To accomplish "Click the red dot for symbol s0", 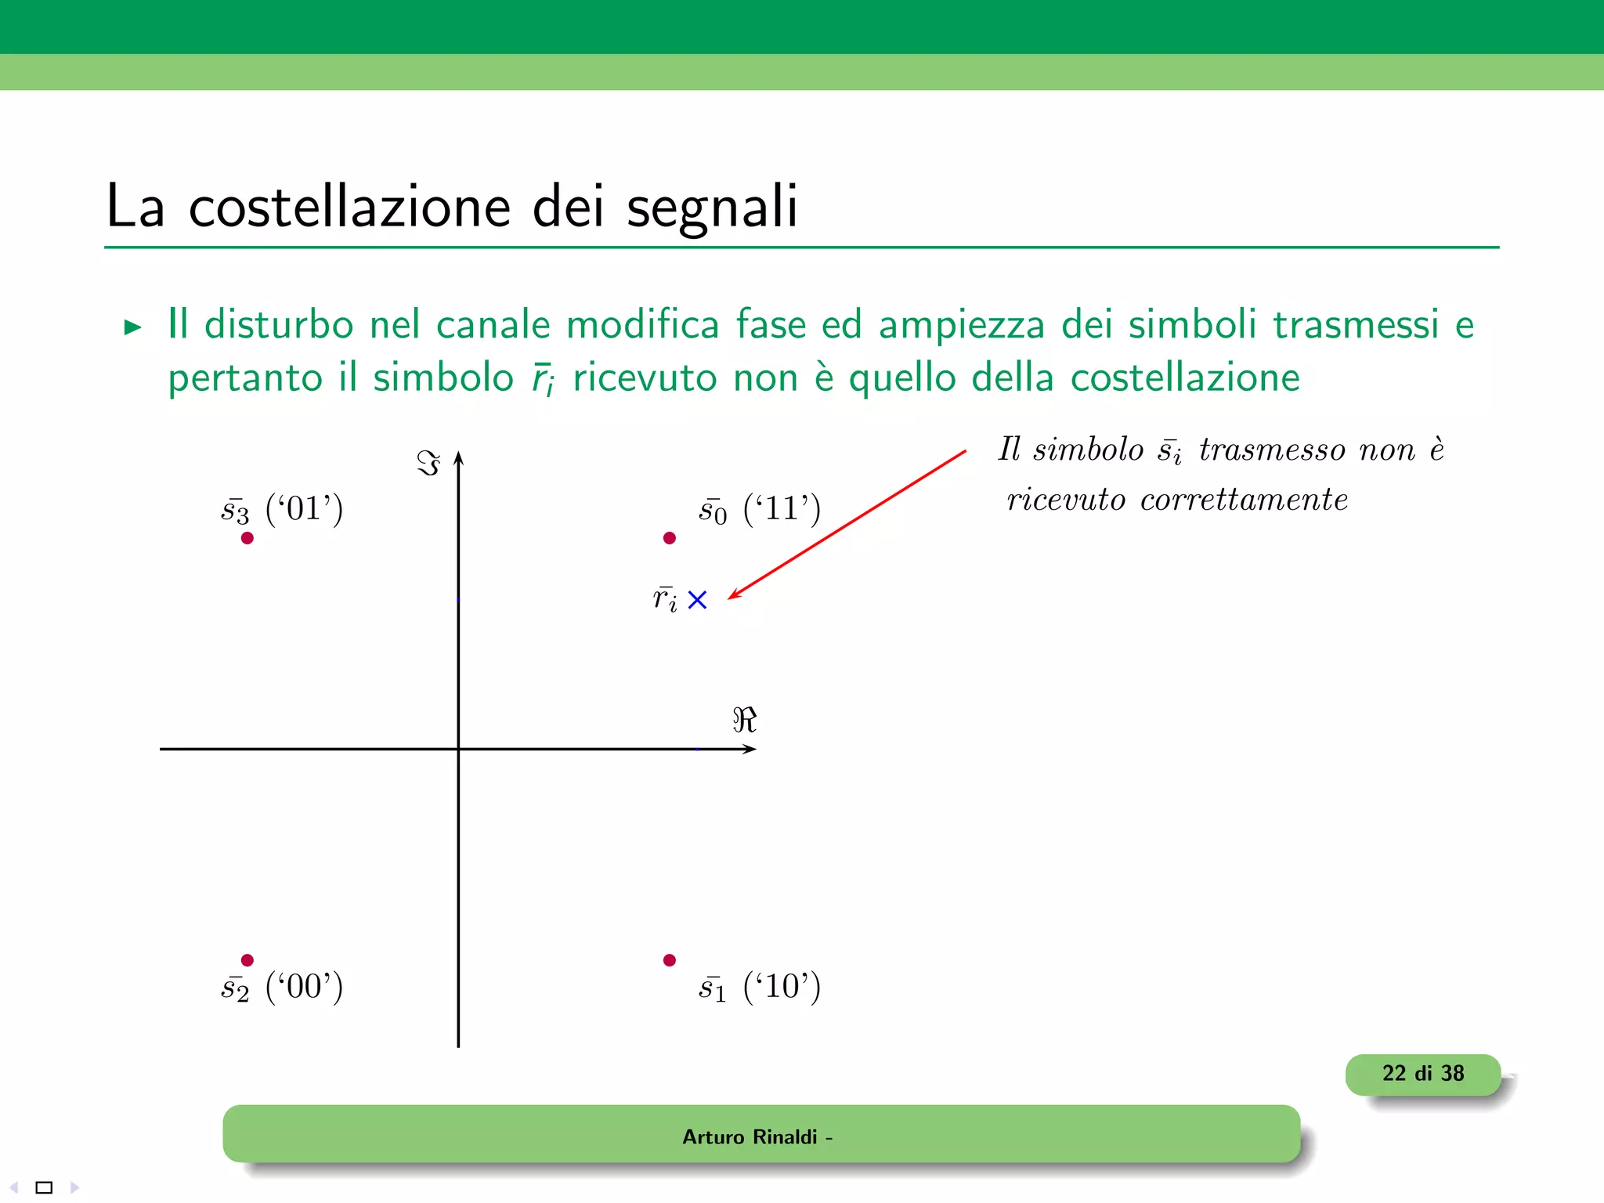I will [x=669, y=538].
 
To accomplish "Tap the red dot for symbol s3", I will [x=247, y=538].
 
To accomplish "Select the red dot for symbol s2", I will [x=247, y=960].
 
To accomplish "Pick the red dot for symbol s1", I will [x=669, y=960].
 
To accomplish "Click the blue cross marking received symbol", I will [x=697, y=600].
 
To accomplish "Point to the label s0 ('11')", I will [x=759, y=510].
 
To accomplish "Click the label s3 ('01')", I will [x=282, y=510].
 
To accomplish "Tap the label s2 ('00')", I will [x=282, y=987].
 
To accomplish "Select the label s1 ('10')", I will [x=759, y=987].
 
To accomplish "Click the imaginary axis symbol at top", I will [x=428, y=463].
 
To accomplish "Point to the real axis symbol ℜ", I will [x=744, y=720].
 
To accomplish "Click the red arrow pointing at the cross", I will [x=846, y=525].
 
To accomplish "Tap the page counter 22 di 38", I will [x=1422, y=1074].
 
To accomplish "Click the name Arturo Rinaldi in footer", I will [x=750, y=1137].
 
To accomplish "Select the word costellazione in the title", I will [x=349, y=207].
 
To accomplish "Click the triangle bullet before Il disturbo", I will [x=132, y=327].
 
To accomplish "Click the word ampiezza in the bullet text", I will [x=961, y=325].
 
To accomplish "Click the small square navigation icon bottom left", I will [x=44, y=1187].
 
